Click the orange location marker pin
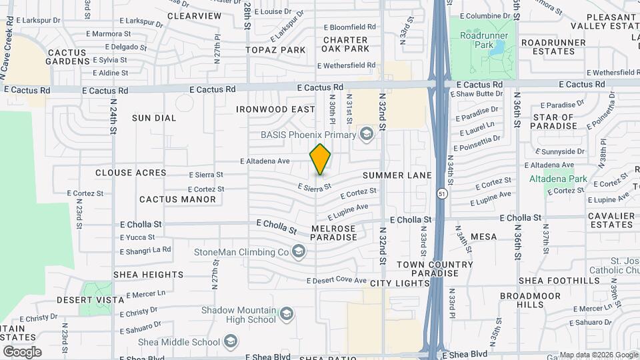(321, 159)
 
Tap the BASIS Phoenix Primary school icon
(365, 135)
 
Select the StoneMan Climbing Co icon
(298, 252)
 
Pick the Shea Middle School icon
(230, 343)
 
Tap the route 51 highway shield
(442, 193)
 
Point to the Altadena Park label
(558, 179)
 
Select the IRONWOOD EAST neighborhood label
(275, 109)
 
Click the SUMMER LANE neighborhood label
(397, 175)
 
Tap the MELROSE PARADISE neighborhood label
(333, 233)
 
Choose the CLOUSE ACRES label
(131, 173)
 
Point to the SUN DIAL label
(154, 118)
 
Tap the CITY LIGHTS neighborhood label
(400, 283)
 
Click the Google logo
(22, 351)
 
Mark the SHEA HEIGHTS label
(148, 275)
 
